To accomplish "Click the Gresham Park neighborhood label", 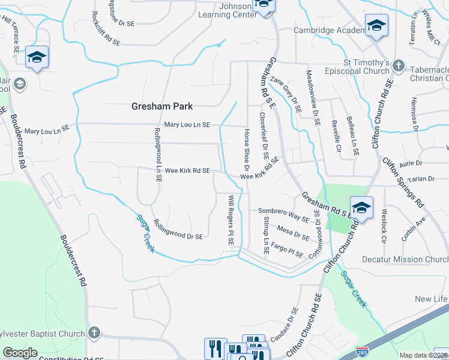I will pos(162,106).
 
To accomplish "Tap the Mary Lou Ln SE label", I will pos(187,125).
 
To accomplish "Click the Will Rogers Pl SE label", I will pos(231,219).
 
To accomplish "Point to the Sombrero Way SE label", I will pos(283,212).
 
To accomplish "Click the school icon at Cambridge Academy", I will pos(376,25).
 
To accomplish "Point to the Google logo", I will pos(20,353).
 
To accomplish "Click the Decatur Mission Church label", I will pos(405,259).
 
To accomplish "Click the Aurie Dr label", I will pos(412,163).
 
